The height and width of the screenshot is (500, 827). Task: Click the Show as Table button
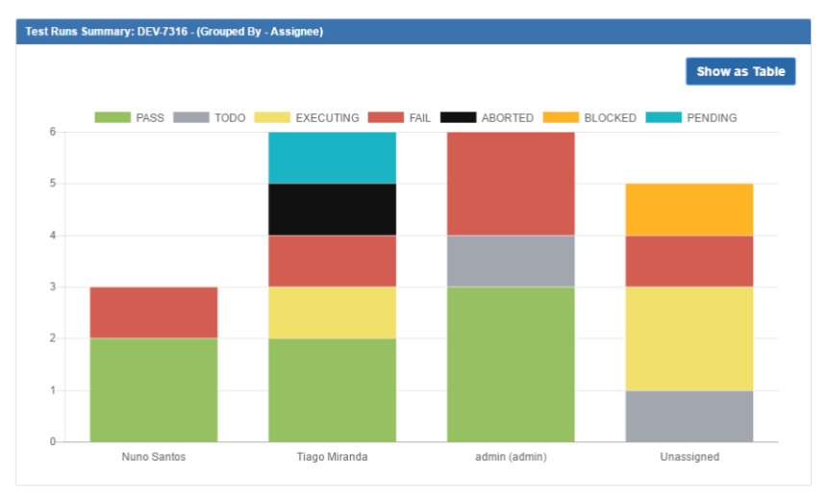tap(740, 71)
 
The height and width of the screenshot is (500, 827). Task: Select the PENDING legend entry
tap(691, 118)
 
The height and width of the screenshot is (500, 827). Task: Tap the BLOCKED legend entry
tap(589, 118)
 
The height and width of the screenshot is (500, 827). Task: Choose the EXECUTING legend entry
tap(307, 118)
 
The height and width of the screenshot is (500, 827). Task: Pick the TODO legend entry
tap(211, 118)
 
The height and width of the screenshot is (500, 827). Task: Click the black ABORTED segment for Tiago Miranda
tap(332, 210)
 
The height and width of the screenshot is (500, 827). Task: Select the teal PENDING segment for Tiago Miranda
tap(332, 158)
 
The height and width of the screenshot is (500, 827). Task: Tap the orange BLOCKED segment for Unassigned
tap(689, 210)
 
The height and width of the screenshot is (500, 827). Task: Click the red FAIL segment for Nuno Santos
tap(154, 312)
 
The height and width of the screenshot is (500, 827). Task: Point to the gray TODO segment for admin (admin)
tap(511, 262)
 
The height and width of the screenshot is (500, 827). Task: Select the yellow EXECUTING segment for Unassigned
tap(689, 338)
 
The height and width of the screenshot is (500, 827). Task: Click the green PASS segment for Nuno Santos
tap(154, 390)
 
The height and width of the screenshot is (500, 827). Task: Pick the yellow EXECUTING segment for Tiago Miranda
tap(332, 312)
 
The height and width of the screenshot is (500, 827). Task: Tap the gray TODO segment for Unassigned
tap(689, 416)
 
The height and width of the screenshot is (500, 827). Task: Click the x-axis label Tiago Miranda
tap(332, 457)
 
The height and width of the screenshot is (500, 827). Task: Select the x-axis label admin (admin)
tap(511, 457)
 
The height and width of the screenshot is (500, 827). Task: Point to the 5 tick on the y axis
tap(53, 184)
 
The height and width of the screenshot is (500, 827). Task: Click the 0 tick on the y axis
tap(53, 442)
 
